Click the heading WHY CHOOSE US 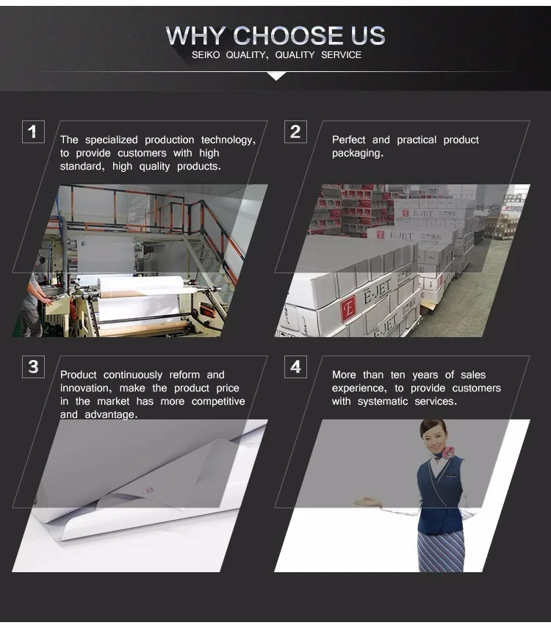275,36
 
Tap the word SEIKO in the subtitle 206,55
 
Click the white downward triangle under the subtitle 276,76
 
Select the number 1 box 33,131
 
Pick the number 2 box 296,131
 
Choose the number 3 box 33,367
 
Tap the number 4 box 296,367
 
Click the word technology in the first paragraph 228,140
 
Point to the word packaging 358,154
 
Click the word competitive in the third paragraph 218,401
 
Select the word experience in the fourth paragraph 359,389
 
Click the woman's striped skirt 441,551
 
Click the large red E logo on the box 348,310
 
